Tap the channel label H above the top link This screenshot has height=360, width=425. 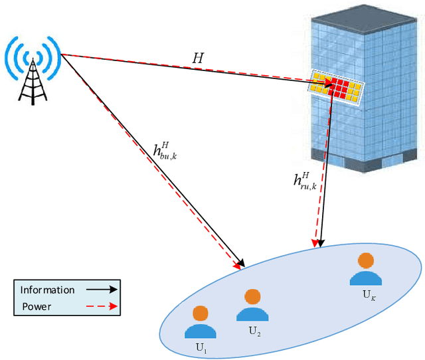coord(198,58)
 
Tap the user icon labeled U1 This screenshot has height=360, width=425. coord(201,321)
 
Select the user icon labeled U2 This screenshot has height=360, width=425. coord(252,306)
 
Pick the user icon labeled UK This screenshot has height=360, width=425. coord(365,269)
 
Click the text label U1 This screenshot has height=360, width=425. coord(201,346)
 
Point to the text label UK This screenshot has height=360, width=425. coord(367,293)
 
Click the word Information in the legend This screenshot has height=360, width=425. coord(47,290)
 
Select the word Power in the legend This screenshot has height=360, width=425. coord(36,306)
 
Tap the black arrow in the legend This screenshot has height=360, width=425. coord(100,290)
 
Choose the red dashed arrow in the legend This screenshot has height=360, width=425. coord(100,306)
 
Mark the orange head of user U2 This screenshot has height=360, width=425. coord(252,296)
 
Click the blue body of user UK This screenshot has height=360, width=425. coord(365,277)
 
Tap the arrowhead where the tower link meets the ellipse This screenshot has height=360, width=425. coord(240,265)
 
